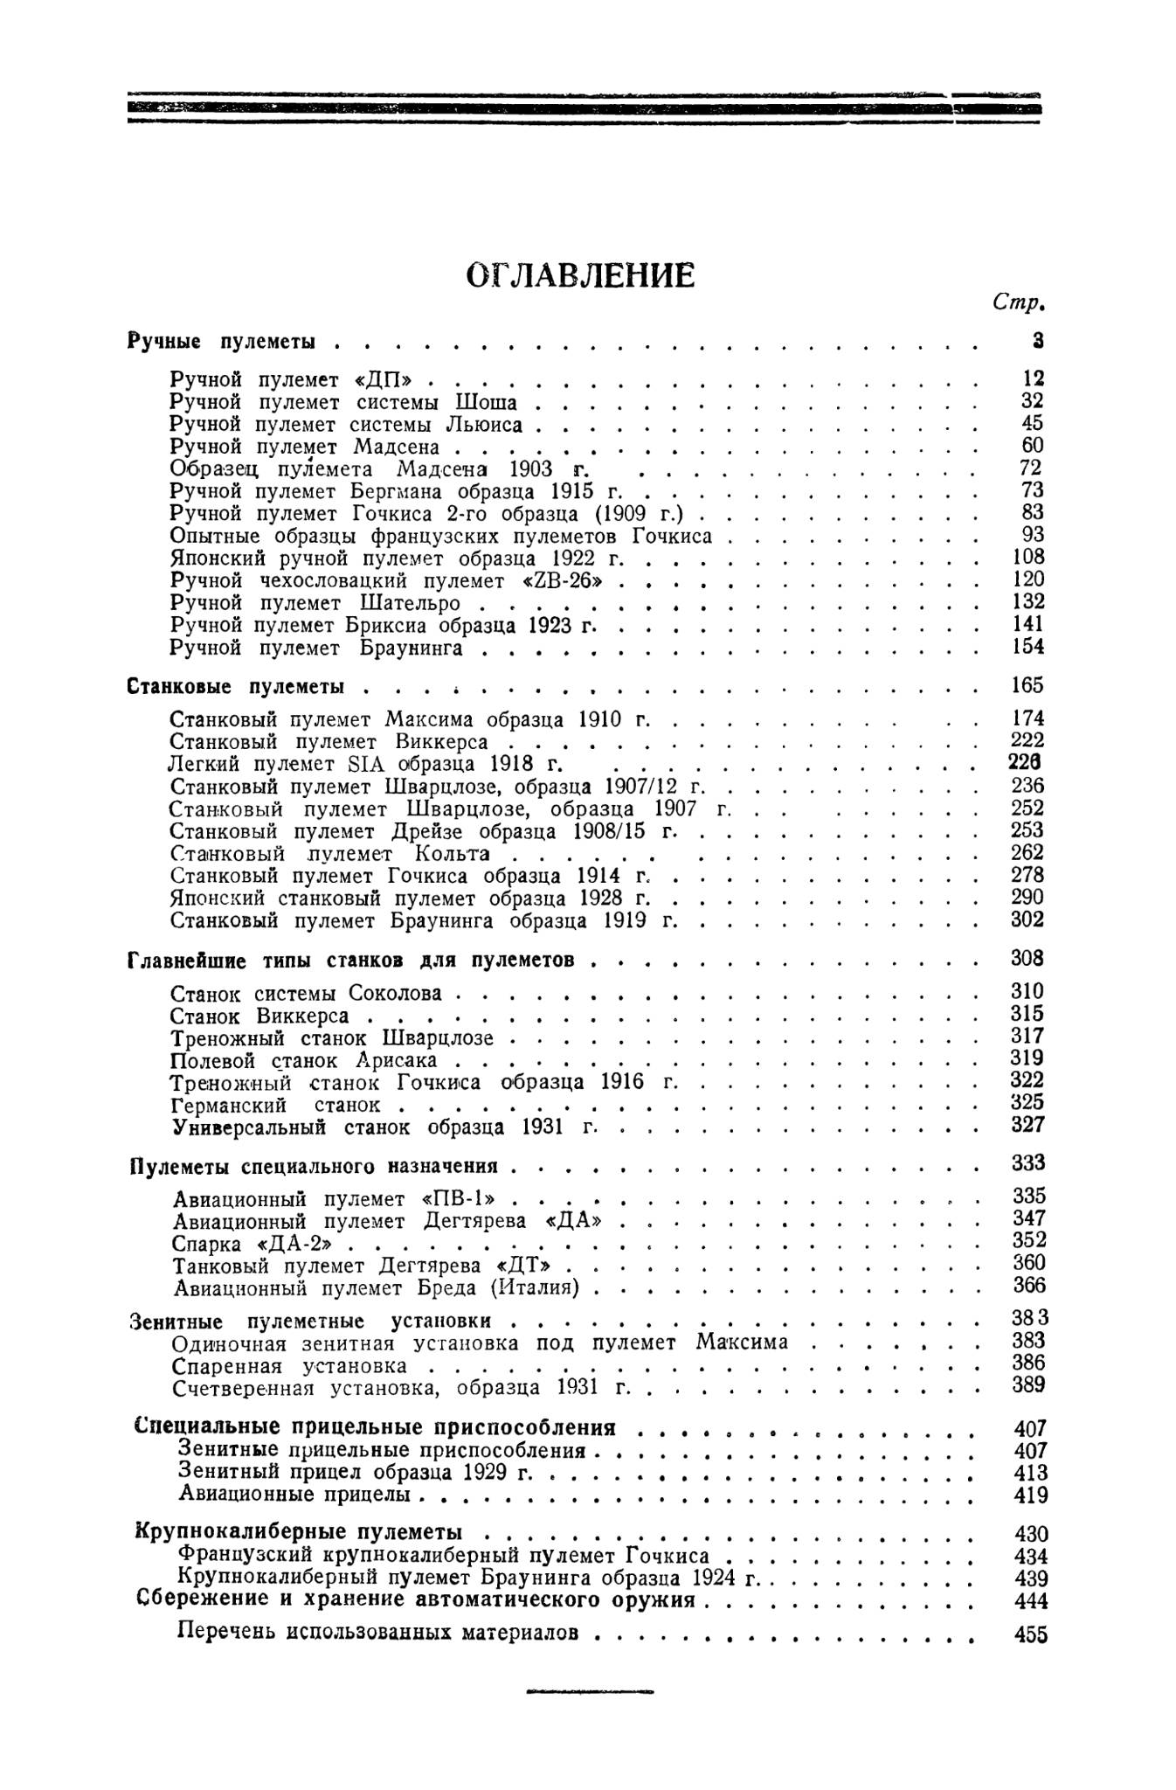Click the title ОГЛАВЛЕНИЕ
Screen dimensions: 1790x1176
pyautogui.click(x=581, y=275)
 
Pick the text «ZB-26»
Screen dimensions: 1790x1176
pyautogui.click(x=560, y=580)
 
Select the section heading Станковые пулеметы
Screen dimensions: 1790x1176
pyautogui.click(x=235, y=687)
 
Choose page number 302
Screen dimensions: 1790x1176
pyautogui.click(x=1027, y=919)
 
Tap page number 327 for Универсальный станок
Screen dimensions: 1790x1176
pyautogui.click(x=1027, y=1125)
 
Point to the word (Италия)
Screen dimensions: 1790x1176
pyautogui.click(x=548, y=1287)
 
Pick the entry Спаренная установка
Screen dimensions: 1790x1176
pyautogui.click(x=289, y=1365)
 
